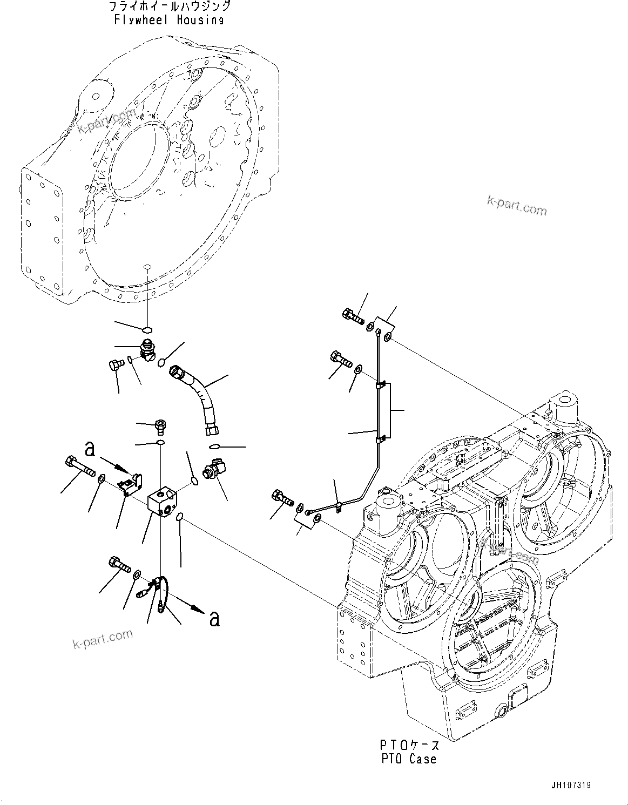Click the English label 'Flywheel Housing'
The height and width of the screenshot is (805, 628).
click(x=168, y=20)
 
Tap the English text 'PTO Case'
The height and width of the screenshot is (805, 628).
click(x=408, y=759)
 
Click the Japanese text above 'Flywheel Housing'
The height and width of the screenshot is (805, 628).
click(x=169, y=6)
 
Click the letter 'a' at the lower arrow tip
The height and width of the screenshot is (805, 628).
click(x=214, y=618)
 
